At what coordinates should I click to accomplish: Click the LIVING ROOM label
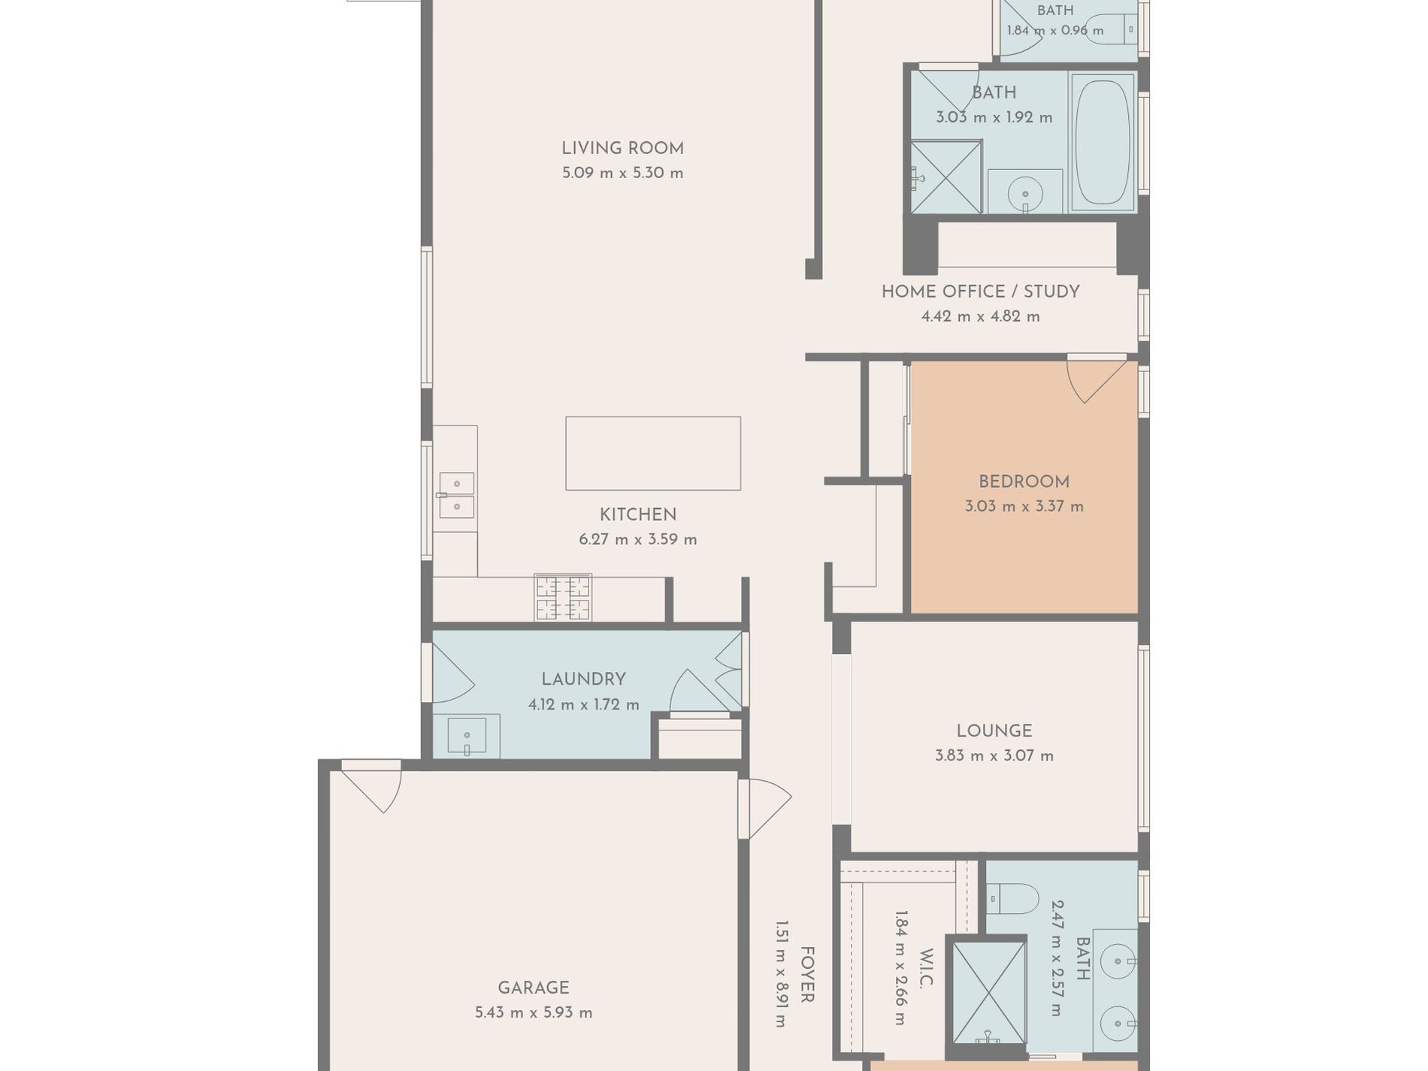[x=622, y=149]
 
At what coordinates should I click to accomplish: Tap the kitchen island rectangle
[x=653, y=453]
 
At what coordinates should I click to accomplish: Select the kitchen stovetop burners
[x=563, y=598]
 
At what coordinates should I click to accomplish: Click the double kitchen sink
[x=456, y=495]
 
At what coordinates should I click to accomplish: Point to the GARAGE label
[x=534, y=988]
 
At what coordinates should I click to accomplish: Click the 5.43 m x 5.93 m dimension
[x=534, y=1013]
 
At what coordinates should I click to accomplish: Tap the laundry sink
[x=467, y=736]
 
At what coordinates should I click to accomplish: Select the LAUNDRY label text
[x=583, y=679]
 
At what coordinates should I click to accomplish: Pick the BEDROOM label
[x=1024, y=482]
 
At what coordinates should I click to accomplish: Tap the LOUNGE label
[x=994, y=731]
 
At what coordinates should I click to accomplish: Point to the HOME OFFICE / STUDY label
[x=980, y=292]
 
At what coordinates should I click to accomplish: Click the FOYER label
[x=806, y=975]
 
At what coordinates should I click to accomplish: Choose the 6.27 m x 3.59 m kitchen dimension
[x=638, y=540]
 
